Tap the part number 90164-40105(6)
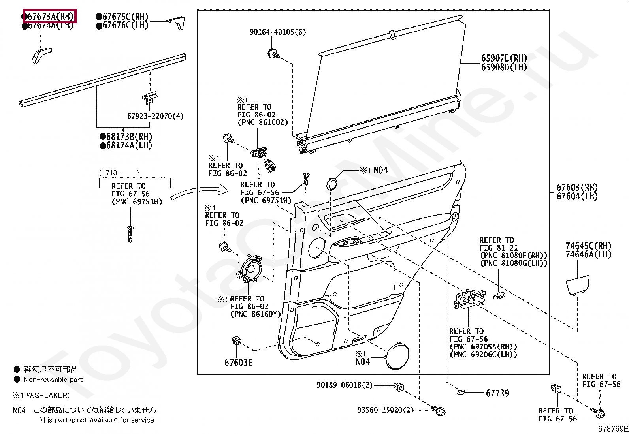[x=277, y=32]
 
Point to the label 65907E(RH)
[x=504, y=58]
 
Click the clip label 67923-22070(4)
[x=155, y=116]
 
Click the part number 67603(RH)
[x=577, y=188]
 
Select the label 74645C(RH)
[x=588, y=246]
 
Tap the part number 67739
[x=497, y=393]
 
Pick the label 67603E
[x=238, y=362]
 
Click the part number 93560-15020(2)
[x=385, y=410]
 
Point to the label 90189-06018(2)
[x=344, y=385]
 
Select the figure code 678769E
[x=612, y=429]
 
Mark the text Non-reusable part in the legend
[x=53, y=380]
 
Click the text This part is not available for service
[x=96, y=420]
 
